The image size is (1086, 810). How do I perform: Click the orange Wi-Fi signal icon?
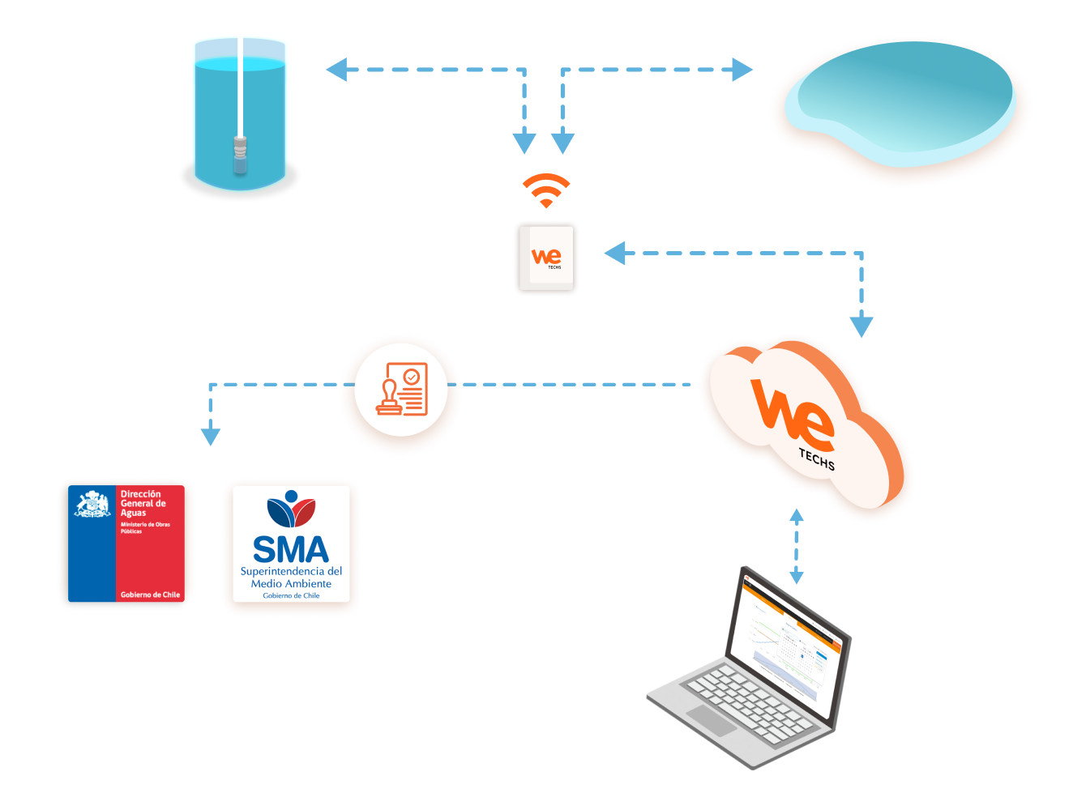coord(546,190)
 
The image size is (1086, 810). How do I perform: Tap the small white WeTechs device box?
coord(546,258)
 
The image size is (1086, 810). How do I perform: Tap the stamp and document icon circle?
coord(401,390)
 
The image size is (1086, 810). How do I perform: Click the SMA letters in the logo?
coord(291,550)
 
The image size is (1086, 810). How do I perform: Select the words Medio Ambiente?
coord(291,583)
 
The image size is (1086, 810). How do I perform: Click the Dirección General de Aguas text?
coord(143,503)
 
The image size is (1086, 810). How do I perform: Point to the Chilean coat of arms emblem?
coord(92,504)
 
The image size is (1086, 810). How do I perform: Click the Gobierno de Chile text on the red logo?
coord(150,595)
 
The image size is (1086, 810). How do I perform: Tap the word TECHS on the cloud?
coord(816,459)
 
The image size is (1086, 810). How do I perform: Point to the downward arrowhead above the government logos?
coord(211,435)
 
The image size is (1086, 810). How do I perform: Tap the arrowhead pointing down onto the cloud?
coord(862,326)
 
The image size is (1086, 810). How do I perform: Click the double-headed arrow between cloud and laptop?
coord(797,546)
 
